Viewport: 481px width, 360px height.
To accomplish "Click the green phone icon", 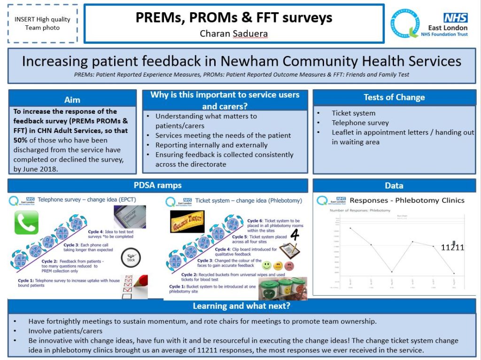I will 26,222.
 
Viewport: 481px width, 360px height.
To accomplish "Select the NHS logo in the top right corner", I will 455,18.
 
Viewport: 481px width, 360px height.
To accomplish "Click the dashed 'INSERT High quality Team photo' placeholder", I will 42,23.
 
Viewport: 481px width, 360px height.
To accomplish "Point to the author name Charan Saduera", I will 233,33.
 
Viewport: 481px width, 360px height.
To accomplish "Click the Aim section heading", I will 72,100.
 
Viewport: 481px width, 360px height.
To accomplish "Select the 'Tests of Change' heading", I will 394,97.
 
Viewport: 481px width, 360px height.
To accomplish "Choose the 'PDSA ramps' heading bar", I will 158,185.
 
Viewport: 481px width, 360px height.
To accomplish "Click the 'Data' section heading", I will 394,186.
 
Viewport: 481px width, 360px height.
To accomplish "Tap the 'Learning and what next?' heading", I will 241,306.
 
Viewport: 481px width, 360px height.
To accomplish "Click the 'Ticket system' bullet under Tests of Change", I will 353,113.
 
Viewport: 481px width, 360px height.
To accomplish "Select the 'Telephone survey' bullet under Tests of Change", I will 360,123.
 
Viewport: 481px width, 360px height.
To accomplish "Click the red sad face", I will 289,266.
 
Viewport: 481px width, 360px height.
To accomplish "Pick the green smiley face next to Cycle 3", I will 267,266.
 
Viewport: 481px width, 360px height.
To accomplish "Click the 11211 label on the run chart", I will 452,247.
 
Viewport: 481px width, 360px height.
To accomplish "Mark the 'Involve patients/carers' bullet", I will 65,331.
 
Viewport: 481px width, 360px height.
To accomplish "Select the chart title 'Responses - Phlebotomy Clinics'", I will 407,200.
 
